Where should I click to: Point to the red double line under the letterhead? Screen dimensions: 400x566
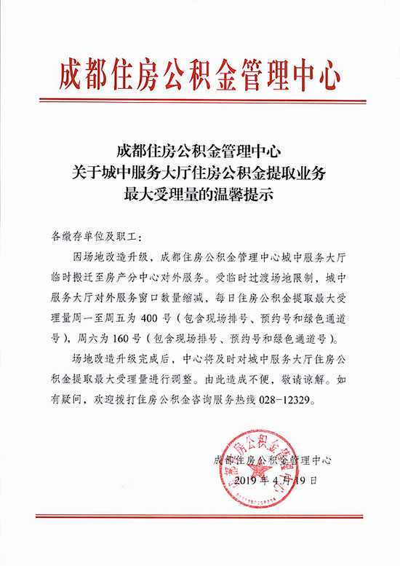[x=199, y=98]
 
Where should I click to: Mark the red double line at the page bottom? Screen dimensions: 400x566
[x=199, y=516]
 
